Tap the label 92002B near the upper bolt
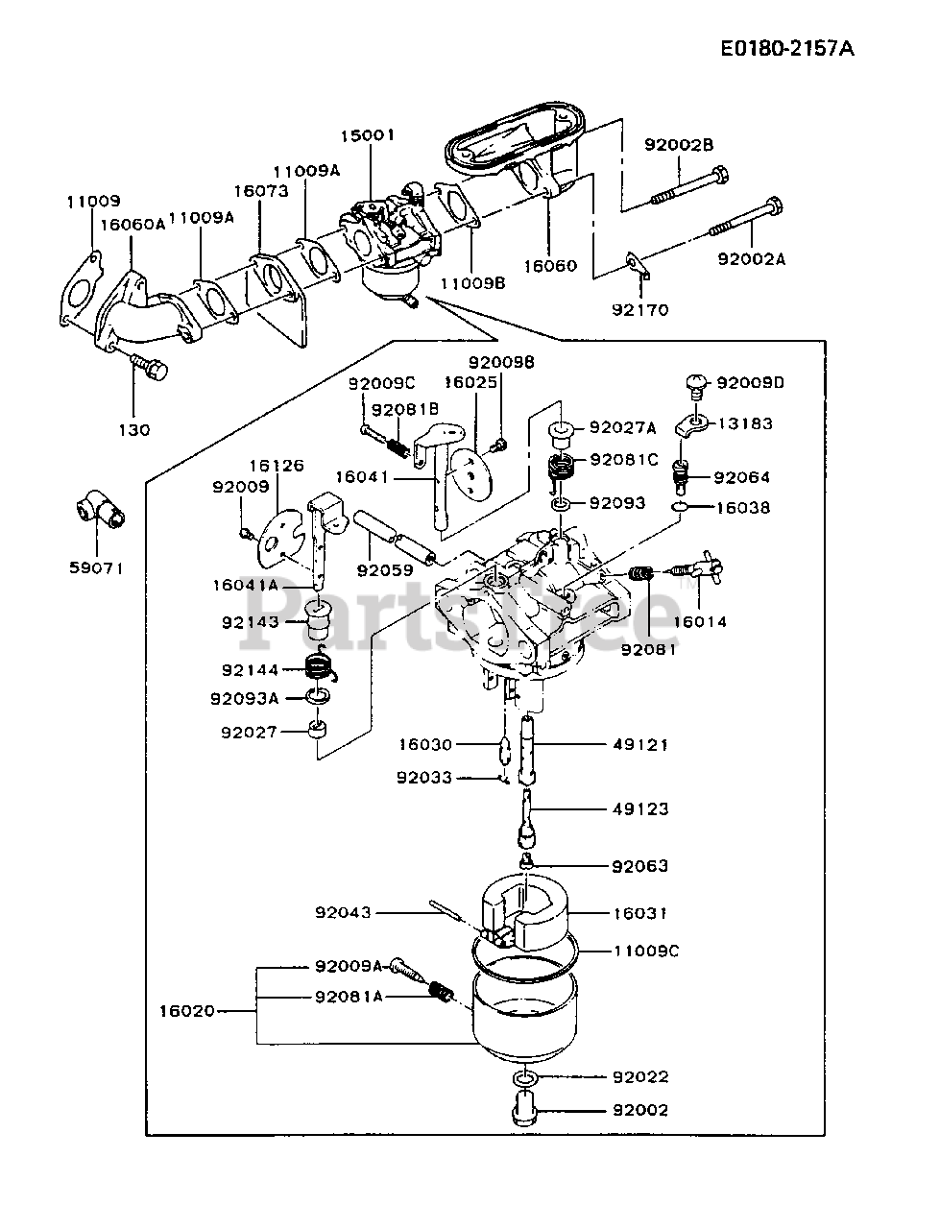679,144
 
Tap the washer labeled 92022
525,1077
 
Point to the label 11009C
647,951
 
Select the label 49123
640,809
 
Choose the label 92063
640,865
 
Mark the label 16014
700,621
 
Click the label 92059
384,569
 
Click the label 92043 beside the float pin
343,912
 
